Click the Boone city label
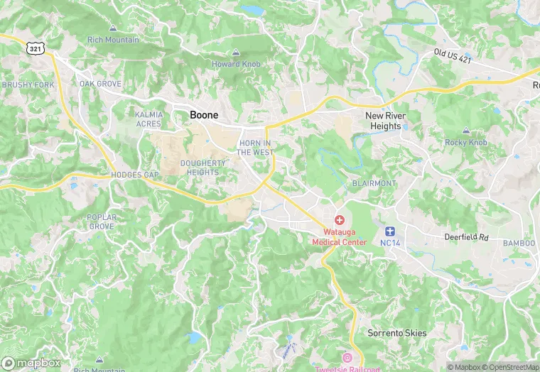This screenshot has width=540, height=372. click(204, 115)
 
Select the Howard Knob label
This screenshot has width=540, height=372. click(236, 64)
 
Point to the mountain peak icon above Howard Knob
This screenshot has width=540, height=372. click(236, 53)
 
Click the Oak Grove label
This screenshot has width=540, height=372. click(100, 84)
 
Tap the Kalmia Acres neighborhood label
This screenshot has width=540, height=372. click(148, 119)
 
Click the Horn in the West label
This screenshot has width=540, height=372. click(254, 148)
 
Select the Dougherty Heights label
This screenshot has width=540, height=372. click(204, 167)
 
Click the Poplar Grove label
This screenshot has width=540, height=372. click(100, 221)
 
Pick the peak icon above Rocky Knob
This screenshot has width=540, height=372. click(466, 131)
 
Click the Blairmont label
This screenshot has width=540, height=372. click(374, 183)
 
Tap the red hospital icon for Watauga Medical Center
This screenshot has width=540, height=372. click(339, 221)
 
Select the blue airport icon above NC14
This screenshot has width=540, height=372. click(389, 231)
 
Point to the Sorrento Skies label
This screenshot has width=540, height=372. click(397, 333)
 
